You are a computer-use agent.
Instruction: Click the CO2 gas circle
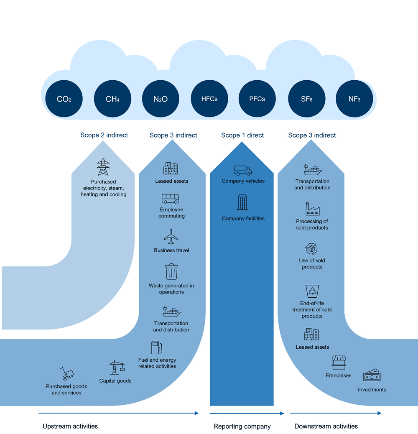[64, 99]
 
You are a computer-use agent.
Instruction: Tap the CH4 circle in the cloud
[112, 99]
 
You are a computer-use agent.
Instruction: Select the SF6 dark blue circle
[306, 99]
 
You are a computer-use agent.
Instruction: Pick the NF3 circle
[354, 99]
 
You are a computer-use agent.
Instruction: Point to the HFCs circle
[209, 99]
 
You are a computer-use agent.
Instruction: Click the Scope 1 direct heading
[242, 135]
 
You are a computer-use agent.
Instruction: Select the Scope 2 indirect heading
[104, 135]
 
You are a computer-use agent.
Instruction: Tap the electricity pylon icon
[103, 167]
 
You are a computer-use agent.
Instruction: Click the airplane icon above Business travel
[171, 237]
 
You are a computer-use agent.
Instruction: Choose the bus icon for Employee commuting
[171, 198]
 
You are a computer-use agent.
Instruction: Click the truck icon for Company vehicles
[243, 170]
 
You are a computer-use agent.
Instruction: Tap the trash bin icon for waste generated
[171, 271]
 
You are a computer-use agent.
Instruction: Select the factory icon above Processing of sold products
[312, 209]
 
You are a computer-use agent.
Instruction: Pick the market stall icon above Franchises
[339, 363]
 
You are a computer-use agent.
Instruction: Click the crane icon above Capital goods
[117, 368]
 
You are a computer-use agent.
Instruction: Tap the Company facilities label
[243, 219]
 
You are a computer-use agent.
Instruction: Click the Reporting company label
[242, 426]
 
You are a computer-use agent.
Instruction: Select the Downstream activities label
[326, 426]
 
